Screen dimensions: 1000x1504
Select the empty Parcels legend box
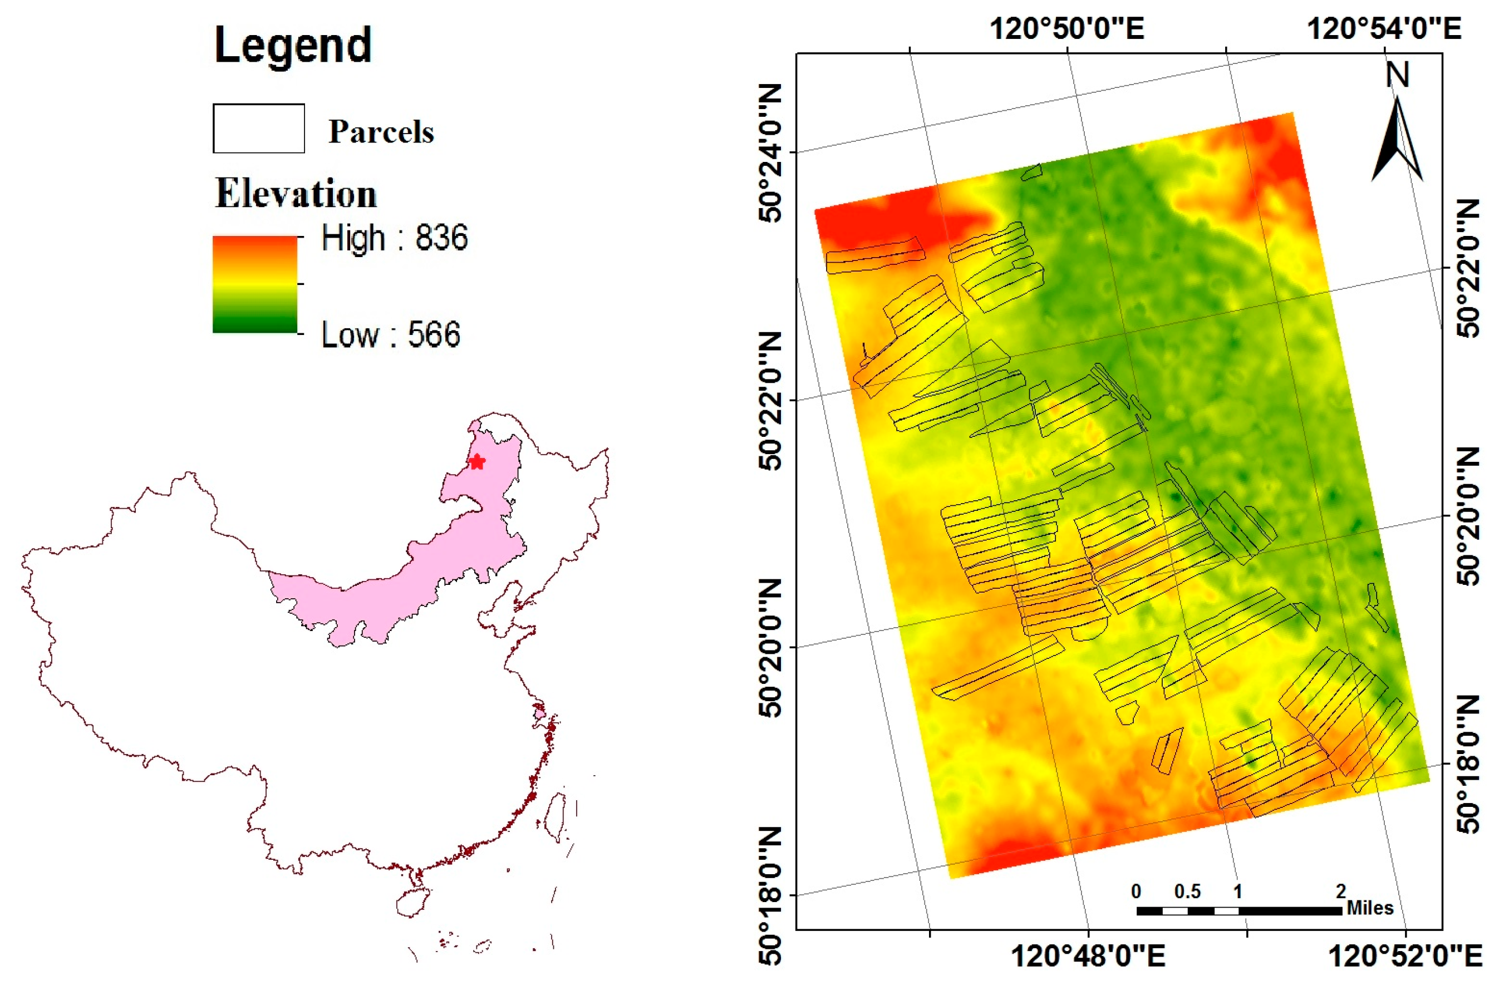258,128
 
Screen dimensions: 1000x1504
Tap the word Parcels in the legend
381,132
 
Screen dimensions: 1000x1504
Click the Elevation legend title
296,193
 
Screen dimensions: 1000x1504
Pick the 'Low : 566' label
390,334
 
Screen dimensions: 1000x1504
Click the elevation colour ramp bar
255,284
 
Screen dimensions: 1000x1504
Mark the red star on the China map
476,462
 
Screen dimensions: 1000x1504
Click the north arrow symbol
1397,140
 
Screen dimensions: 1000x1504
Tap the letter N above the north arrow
1397,75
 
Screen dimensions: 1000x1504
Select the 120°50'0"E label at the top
1066,29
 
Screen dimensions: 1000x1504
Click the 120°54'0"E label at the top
1384,29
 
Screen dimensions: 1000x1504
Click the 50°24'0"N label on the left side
770,153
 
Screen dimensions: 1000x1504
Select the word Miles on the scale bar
1370,908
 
